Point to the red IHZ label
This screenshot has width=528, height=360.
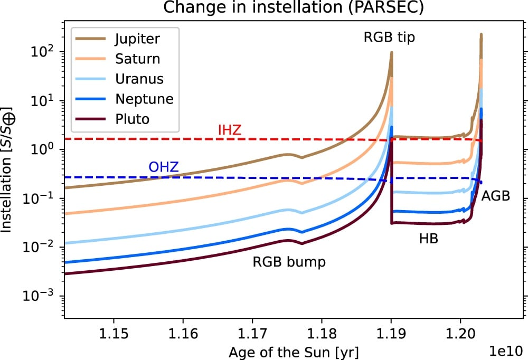(x=230, y=130)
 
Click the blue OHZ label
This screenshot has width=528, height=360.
(x=164, y=168)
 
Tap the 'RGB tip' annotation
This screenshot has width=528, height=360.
(x=389, y=38)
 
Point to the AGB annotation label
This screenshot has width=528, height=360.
(x=495, y=196)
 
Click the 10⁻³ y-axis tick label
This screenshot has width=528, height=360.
(x=42, y=296)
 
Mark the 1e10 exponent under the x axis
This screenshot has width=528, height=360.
(x=508, y=350)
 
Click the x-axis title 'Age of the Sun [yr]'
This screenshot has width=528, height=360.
(x=295, y=350)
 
